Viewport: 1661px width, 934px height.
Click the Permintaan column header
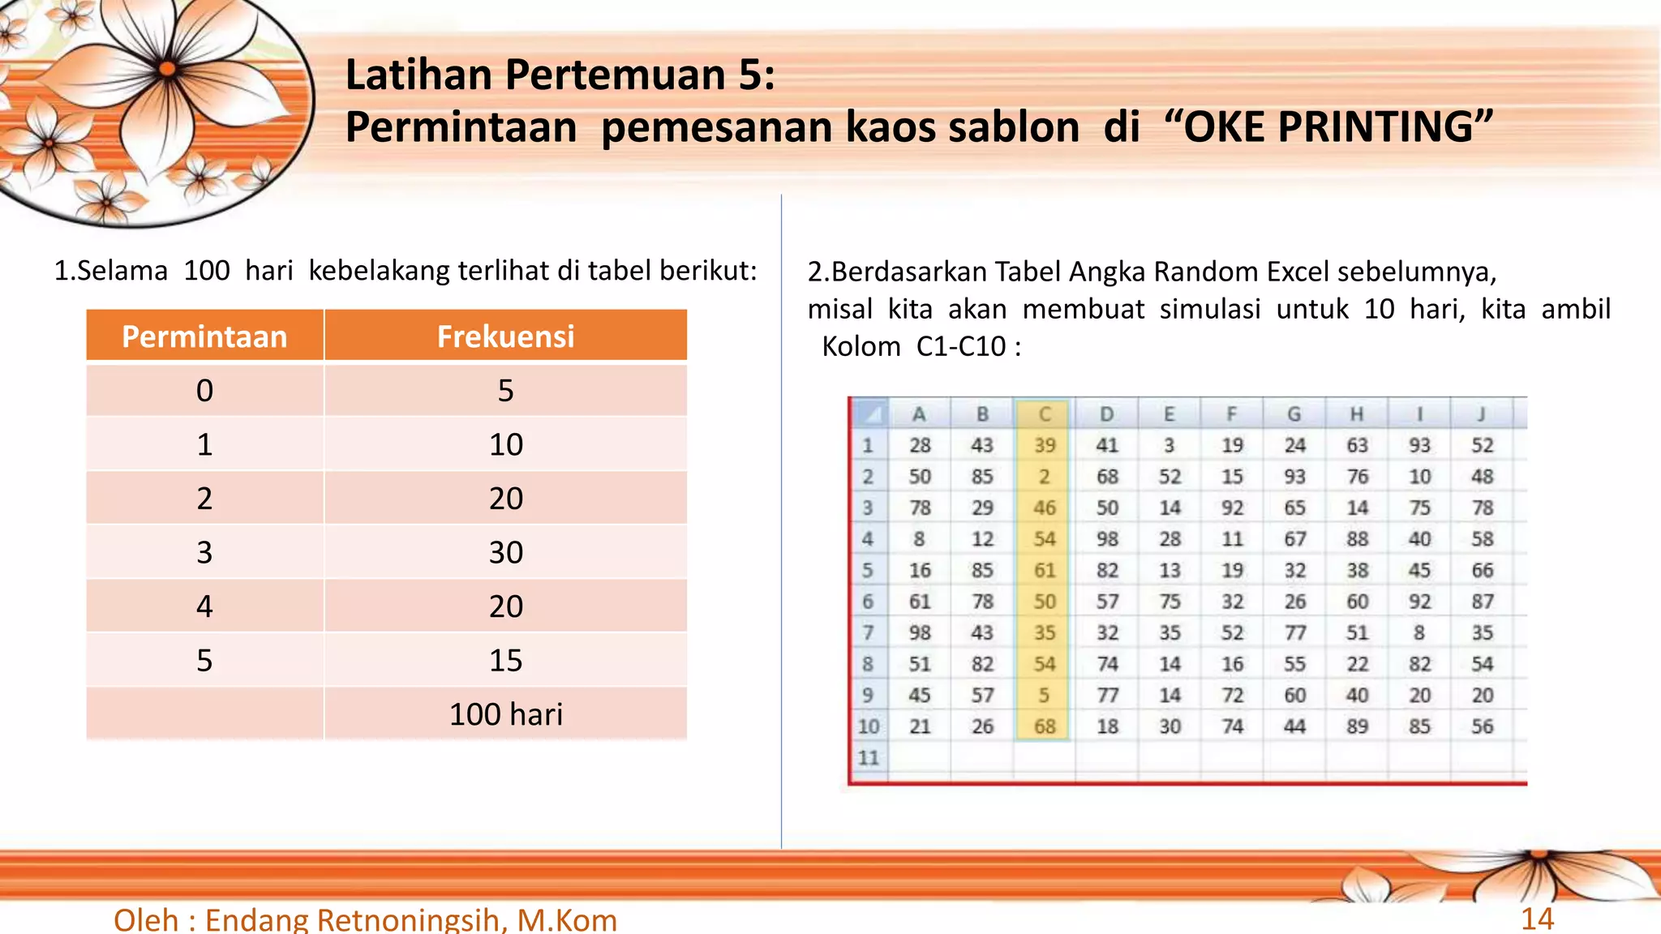coord(204,336)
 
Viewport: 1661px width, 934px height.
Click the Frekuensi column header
coord(505,336)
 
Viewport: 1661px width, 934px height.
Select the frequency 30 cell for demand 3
coord(505,552)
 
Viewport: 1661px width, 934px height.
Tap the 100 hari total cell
coord(505,714)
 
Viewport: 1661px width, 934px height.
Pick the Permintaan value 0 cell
coord(204,391)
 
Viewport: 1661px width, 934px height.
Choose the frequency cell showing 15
coord(505,661)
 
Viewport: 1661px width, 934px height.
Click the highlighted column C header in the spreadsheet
coord(1045,414)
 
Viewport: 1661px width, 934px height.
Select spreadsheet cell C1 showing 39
coord(1045,445)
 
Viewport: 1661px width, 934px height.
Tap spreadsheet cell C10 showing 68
coord(1045,726)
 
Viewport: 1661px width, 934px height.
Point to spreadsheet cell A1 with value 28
coord(920,445)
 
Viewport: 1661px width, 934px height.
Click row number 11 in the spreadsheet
coord(869,758)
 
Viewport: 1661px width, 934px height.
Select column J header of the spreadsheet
coord(1482,414)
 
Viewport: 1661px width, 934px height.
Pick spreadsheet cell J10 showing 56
coord(1482,726)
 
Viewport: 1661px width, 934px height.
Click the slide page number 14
coord(1537,919)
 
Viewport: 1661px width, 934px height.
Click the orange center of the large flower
coord(168,69)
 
